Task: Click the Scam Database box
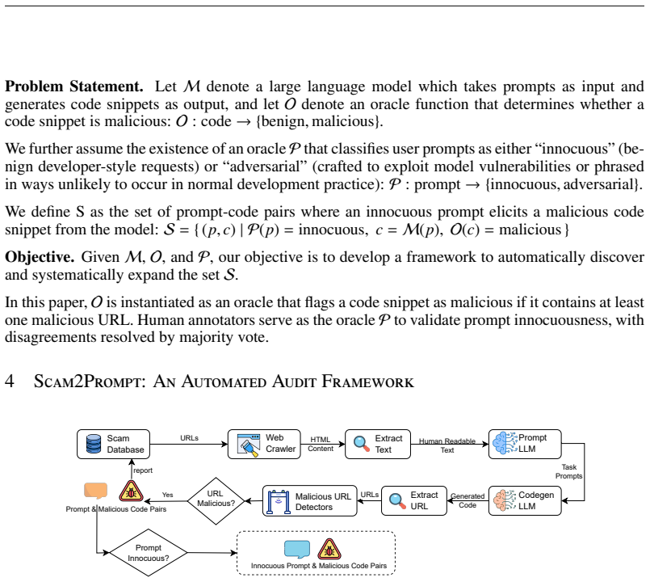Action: tap(113, 445)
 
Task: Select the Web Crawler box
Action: tap(264, 445)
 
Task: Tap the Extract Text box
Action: tap(378, 445)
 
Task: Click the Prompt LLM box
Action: tap(525, 445)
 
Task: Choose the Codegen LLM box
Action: tap(525, 500)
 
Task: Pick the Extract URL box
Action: tap(414, 500)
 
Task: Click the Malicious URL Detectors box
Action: tap(310, 501)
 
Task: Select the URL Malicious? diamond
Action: tap(216, 501)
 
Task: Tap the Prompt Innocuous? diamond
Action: tap(149, 553)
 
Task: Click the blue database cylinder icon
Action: tap(94, 444)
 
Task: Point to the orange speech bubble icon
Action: tap(96, 491)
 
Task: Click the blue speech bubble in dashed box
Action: tap(297, 549)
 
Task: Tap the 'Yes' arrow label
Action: tap(167, 495)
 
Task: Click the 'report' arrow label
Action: tap(143, 470)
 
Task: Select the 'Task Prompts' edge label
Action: tap(568, 471)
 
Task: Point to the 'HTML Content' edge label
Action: tap(321, 445)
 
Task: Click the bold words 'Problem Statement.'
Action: tap(74, 86)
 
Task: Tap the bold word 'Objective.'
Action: tap(40, 257)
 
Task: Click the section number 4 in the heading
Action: tap(10, 381)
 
